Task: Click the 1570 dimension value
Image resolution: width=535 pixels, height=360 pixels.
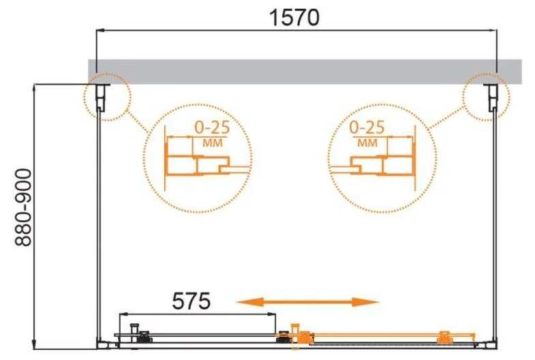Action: click(294, 18)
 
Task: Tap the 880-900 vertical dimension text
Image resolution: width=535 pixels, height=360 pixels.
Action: click(23, 207)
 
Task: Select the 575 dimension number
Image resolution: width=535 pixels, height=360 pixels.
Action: click(191, 301)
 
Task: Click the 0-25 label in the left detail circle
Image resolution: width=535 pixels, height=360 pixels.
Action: click(212, 127)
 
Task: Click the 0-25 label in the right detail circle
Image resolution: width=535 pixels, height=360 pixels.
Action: click(367, 127)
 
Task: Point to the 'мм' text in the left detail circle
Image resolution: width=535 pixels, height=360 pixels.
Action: click(213, 142)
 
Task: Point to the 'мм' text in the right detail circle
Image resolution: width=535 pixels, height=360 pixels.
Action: click(367, 142)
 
